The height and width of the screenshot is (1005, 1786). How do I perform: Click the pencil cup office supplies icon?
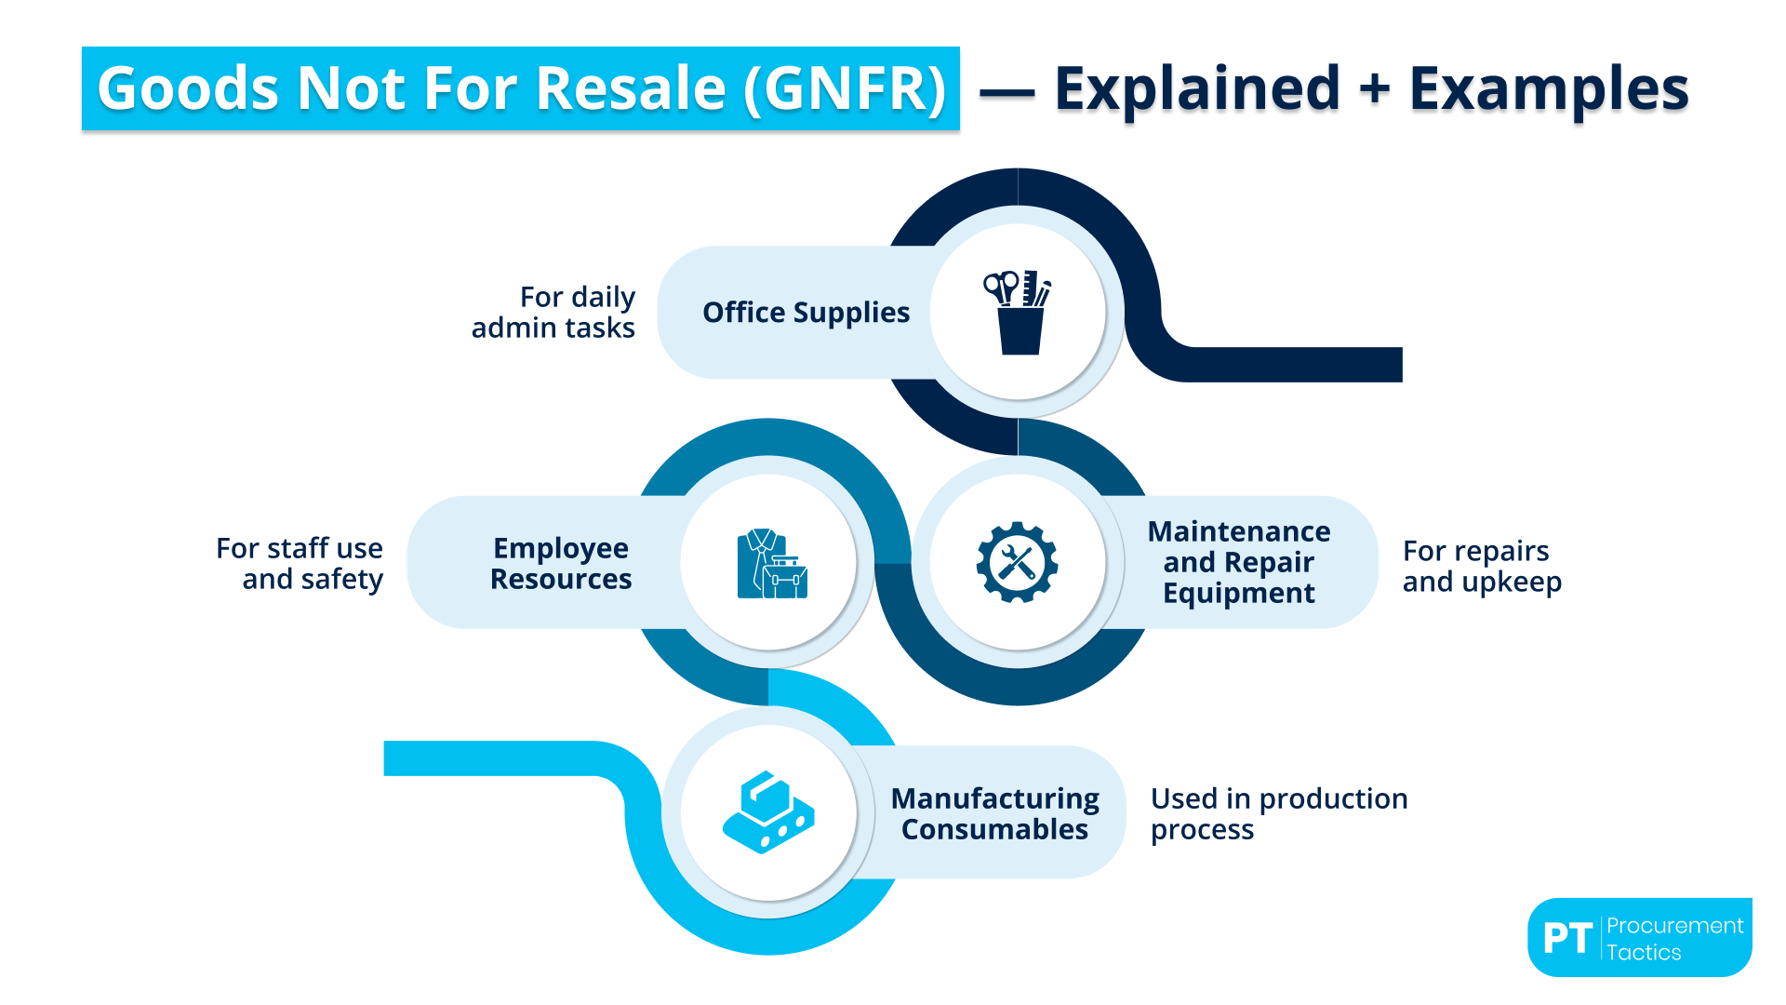(1018, 313)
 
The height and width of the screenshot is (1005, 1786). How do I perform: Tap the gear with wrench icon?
(1017, 562)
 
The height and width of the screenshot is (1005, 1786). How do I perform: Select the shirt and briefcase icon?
(771, 564)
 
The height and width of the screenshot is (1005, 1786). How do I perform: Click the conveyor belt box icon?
(768, 811)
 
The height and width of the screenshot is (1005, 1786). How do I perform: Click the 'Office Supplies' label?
(806, 313)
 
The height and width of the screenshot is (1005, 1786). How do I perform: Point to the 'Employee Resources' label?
(561, 563)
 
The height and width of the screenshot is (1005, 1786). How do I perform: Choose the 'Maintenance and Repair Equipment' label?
(1238, 562)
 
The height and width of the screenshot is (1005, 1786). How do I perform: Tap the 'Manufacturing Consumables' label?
(994, 813)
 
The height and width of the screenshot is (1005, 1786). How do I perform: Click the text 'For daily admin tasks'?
(553, 313)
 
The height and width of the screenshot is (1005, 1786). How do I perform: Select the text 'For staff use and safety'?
(300, 563)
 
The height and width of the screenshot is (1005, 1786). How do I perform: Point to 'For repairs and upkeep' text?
(1481, 566)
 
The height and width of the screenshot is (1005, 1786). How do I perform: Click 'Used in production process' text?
(1278, 813)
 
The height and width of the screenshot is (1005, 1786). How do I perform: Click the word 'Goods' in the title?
(188, 89)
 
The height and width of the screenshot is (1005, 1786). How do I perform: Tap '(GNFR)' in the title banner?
(845, 89)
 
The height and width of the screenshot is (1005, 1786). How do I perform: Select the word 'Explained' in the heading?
(1196, 89)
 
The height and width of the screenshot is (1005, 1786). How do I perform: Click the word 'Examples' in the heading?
(1549, 89)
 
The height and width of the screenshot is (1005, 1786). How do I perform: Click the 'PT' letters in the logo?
(1567, 938)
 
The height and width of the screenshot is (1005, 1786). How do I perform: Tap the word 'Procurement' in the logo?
(1674, 925)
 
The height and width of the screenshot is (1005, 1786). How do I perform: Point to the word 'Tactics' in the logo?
(1644, 952)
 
